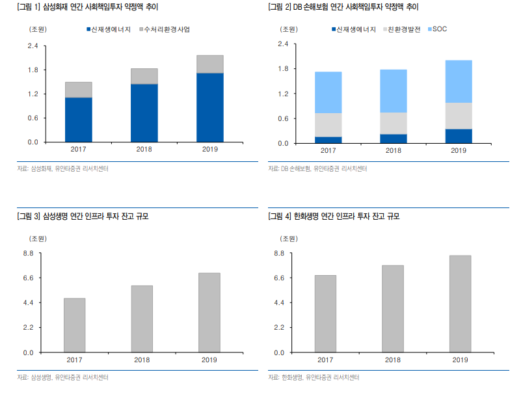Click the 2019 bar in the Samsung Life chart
pos(209,313)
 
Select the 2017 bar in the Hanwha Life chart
pos(325,313)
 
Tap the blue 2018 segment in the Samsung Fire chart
pos(144,113)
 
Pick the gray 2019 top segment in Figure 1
pos(209,64)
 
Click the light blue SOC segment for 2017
pos(328,92)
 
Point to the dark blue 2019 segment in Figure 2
pos(459,136)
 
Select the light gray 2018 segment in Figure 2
pos(393,123)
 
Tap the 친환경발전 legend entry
pos(403,29)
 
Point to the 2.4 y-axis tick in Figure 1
pos(33,46)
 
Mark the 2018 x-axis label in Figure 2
pos(393,150)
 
